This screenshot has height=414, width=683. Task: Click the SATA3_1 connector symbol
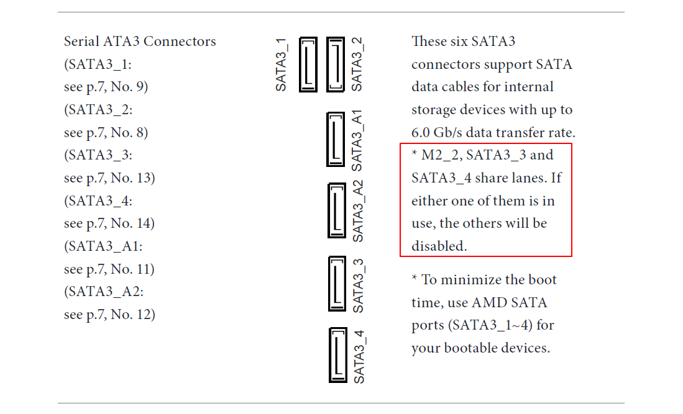click(308, 65)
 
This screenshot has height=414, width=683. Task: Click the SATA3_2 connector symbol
click(336, 65)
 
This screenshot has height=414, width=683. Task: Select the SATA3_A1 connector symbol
click(336, 139)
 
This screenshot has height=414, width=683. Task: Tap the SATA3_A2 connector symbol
click(336, 210)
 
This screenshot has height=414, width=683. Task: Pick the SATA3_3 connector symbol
click(336, 284)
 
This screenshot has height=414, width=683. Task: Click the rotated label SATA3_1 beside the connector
click(282, 65)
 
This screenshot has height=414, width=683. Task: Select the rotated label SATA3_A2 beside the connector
click(358, 211)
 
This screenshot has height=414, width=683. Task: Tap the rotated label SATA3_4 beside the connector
click(359, 356)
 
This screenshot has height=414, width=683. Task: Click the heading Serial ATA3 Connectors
click(140, 42)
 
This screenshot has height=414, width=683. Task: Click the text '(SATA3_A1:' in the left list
click(103, 246)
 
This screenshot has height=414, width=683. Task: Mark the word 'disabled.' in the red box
click(439, 246)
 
